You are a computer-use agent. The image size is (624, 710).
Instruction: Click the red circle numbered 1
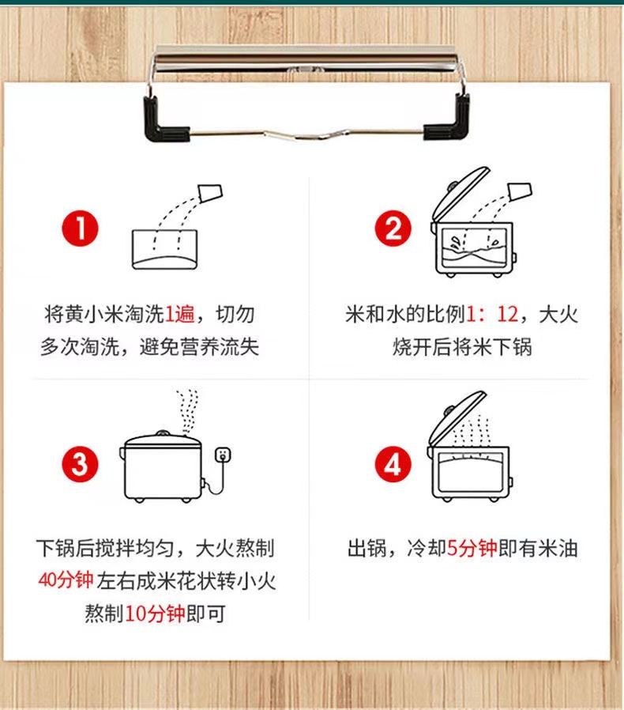tap(80, 228)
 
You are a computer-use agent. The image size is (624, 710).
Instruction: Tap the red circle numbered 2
tap(393, 228)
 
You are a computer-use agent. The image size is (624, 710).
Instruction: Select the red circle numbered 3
tap(80, 464)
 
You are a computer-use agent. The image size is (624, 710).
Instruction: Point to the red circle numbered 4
tap(393, 464)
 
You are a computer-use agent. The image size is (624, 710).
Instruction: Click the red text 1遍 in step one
tap(179, 314)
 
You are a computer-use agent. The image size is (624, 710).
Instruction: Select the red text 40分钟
tap(66, 580)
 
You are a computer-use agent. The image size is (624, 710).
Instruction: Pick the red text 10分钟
tap(155, 614)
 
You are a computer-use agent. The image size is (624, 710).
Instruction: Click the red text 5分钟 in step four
tap(472, 549)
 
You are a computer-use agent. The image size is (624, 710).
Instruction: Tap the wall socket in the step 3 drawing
tap(222, 454)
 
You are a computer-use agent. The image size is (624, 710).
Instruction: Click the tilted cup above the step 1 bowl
tap(210, 192)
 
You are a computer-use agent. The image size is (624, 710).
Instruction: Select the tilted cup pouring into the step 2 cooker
tap(520, 191)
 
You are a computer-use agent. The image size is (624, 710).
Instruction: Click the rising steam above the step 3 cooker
tap(187, 411)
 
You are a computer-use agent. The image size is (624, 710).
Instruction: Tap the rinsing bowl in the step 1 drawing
tap(165, 250)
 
